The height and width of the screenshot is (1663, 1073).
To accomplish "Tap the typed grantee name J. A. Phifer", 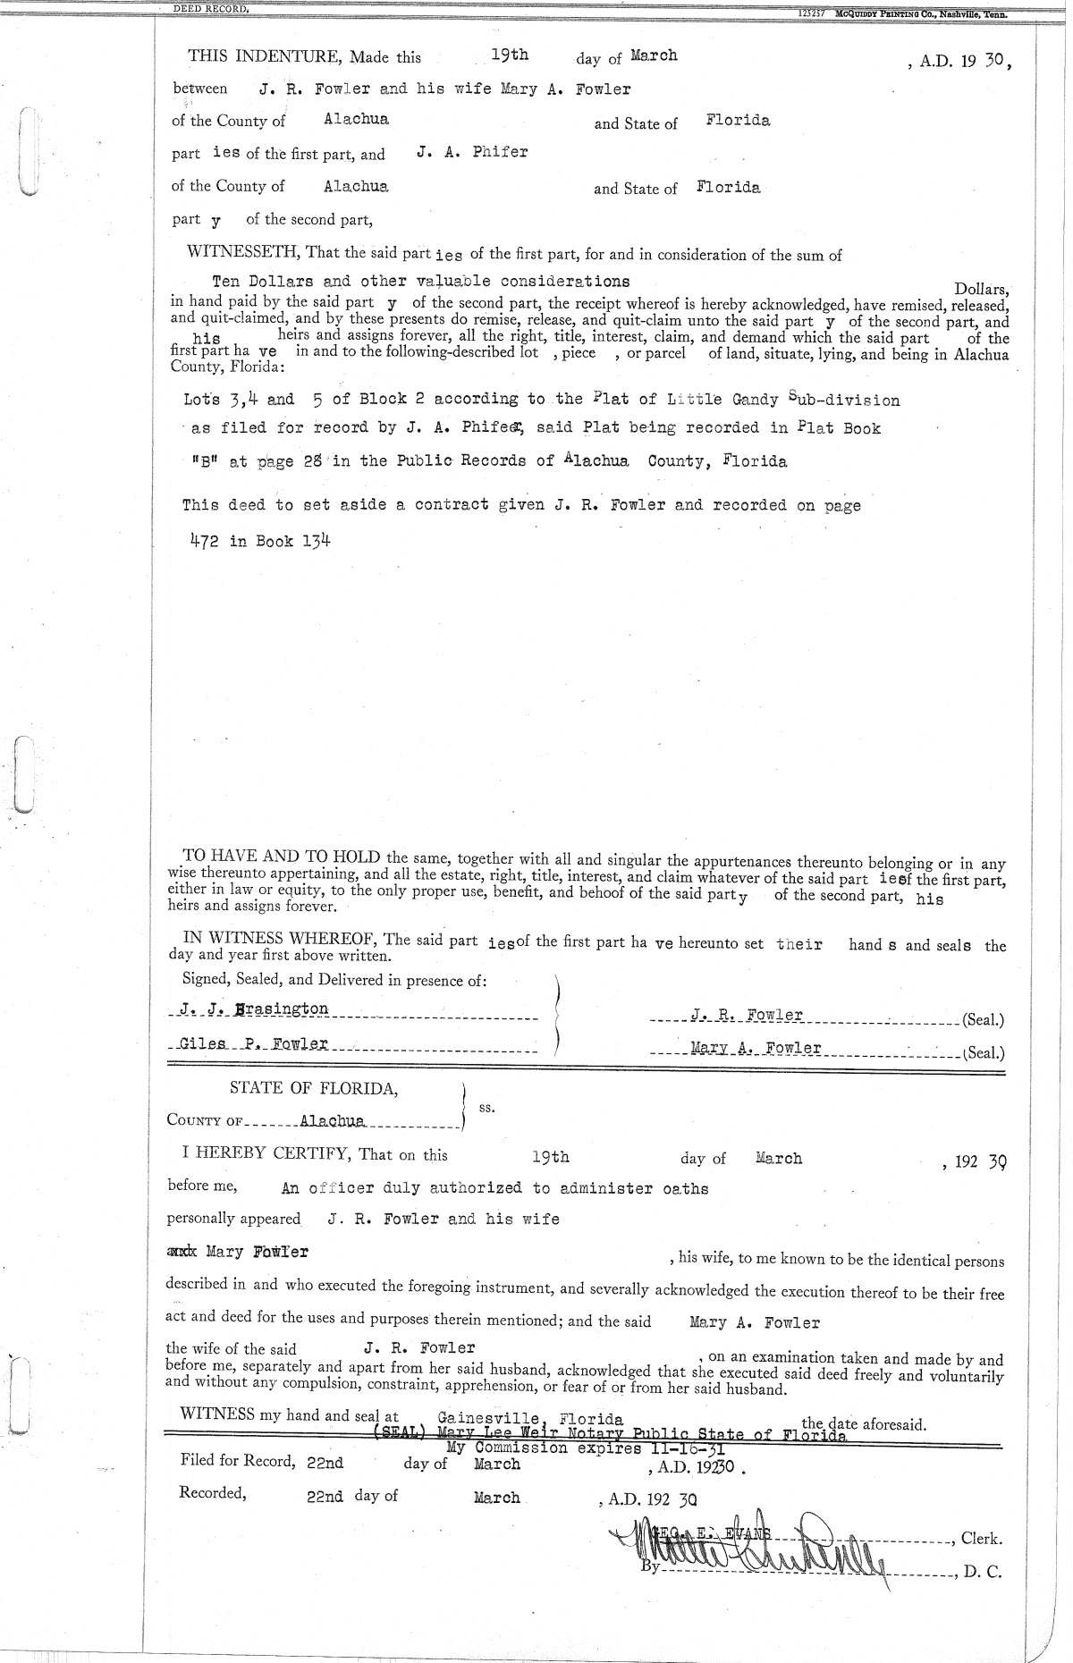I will pos(471,152).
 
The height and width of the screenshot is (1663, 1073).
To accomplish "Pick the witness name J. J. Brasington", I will pos(253,1009).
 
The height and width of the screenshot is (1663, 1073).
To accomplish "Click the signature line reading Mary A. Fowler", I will pos(756,1048).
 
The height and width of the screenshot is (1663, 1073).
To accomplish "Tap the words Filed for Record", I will pos(237,1462).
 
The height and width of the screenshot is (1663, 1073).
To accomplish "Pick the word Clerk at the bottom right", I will pos(981,1539).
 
